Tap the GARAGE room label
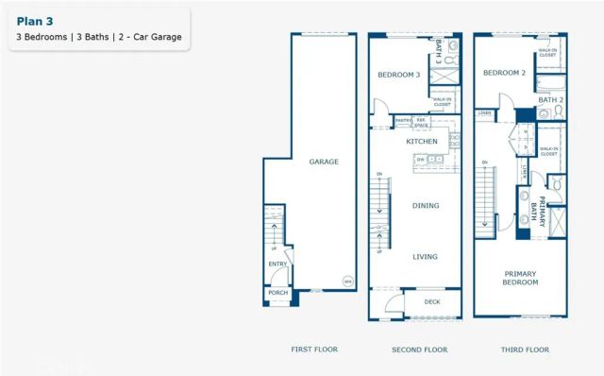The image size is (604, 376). [x=324, y=162]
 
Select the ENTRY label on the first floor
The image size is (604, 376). [x=278, y=265]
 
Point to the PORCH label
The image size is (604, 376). [x=278, y=293]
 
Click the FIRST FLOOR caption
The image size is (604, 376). [x=313, y=350]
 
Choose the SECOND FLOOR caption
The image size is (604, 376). [x=419, y=350]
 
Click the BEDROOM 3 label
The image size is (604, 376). [x=398, y=75]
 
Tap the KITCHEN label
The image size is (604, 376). [x=422, y=141]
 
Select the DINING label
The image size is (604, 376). [x=426, y=205]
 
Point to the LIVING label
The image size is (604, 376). [x=426, y=255]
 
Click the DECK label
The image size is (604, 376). [x=432, y=302]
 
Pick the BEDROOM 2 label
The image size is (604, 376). [x=504, y=73]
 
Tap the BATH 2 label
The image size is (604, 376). [x=550, y=99]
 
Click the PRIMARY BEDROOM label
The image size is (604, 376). [x=520, y=278]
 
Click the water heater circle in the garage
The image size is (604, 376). [x=346, y=282]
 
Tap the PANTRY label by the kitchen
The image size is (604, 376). [x=401, y=120]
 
